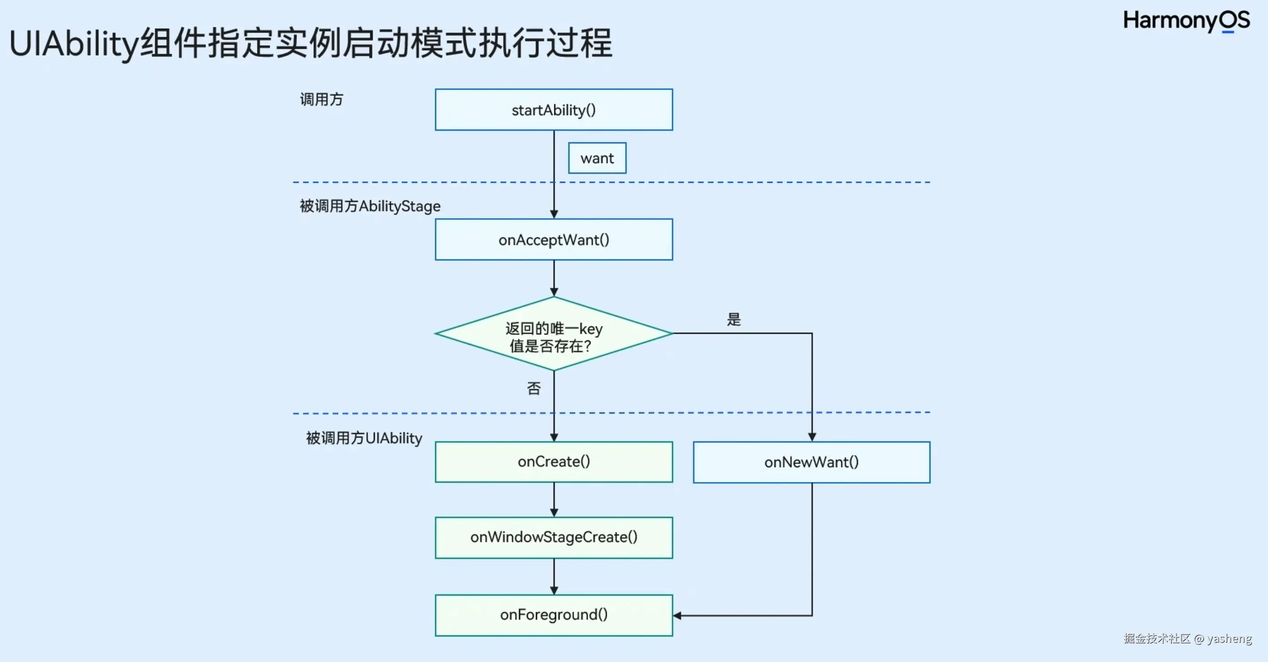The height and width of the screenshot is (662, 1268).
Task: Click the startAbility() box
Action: point(554,110)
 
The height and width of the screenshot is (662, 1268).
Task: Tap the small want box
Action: point(597,158)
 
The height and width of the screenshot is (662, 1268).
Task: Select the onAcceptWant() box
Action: point(554,240)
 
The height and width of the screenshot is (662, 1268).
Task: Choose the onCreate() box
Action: point(554,461)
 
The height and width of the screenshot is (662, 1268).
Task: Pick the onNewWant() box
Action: point(811,462)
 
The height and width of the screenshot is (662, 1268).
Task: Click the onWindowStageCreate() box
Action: point(554,537)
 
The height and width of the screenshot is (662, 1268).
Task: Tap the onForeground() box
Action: point(554,615)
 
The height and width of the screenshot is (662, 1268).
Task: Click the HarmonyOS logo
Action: point(1187,21)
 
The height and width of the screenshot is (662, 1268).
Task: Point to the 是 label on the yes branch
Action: point(733,319)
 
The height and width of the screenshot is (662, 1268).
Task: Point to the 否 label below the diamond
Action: point(534,389)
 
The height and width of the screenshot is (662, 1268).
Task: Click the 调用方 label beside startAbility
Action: point(321,99)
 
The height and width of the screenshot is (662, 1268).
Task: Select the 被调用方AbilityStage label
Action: point(370,206)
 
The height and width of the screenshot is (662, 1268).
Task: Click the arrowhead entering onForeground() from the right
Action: point(677,615)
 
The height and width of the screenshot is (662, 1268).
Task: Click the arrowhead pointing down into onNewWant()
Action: point(812,437)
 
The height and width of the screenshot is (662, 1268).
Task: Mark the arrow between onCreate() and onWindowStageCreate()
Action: point(554,500)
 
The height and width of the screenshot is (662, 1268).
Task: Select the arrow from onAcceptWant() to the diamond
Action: point(554,278)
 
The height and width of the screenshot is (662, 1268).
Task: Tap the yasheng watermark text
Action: point(1229,638)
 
